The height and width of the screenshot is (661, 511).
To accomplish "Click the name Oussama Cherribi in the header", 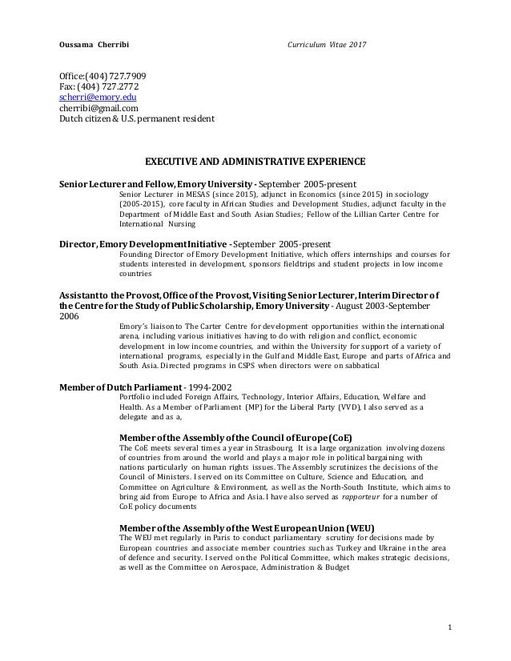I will (88, 42).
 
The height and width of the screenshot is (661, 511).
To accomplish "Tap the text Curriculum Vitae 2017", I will (327, 42).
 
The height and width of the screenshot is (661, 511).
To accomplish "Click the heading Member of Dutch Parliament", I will (120, 386).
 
